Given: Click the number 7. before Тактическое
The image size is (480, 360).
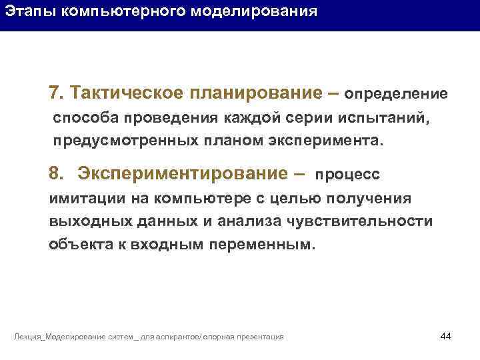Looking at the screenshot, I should point(55,92).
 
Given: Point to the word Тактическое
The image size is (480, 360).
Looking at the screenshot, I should point(127,92).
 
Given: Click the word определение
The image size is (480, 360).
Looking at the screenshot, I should point(396,93).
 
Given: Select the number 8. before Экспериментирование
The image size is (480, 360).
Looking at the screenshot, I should point(56,173).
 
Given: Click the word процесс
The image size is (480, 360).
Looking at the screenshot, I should point(347,175).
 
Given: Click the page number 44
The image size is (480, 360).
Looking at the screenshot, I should point(446,335).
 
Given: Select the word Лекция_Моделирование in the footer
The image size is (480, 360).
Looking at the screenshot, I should point(59,337).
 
